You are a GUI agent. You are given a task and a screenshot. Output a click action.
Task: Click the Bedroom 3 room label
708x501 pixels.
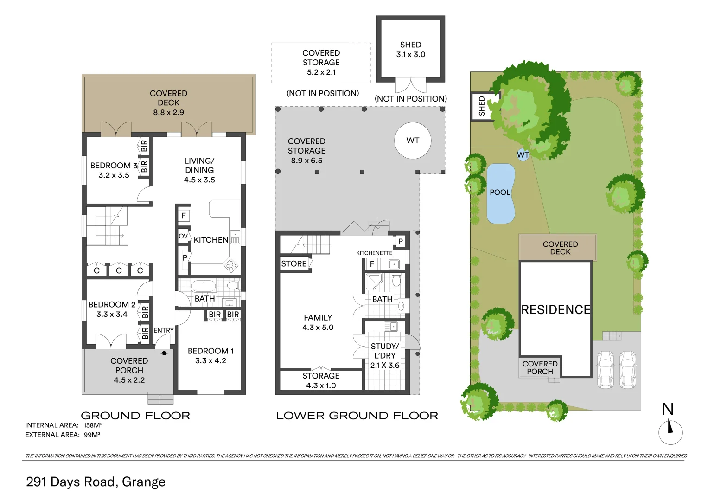point(114,166)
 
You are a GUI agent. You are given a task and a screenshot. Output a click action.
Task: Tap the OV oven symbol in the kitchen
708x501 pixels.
point(184,236)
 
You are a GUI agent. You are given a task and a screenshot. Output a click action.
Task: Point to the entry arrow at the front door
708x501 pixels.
point(164,353)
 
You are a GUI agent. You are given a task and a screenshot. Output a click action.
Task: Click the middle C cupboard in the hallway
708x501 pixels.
point(119,270)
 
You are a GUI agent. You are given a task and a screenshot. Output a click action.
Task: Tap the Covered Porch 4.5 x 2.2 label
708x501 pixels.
point(129,370)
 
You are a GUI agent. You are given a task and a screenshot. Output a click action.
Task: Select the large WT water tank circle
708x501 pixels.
point(413,141)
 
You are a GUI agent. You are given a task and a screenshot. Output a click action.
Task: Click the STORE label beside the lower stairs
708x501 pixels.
point(294,263)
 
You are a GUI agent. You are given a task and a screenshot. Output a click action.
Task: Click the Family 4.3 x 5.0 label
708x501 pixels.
point(318,322)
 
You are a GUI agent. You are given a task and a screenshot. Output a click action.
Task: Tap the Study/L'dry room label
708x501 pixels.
point(385,355)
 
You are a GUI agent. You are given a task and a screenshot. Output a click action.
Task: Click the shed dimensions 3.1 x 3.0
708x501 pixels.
point(410,54)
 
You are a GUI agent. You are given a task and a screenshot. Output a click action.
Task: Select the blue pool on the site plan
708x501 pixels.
point(500,193)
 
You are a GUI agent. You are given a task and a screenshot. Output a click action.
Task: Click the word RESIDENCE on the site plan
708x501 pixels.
point(555,309)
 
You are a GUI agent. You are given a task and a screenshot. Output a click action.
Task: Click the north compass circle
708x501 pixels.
point(670,432)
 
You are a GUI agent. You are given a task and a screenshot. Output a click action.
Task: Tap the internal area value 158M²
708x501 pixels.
point(93,425)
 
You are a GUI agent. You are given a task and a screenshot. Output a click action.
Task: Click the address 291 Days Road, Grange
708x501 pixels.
point(96,482)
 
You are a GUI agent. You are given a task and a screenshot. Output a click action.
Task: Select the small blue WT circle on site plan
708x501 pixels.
point(523,155)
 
